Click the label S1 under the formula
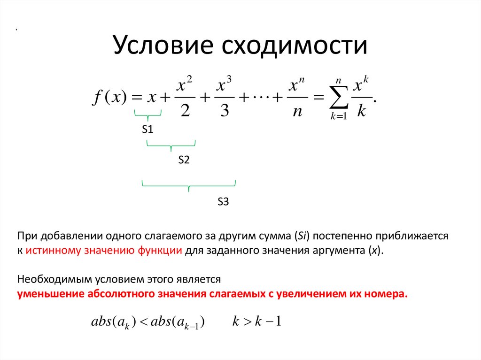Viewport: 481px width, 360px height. click(148, 130)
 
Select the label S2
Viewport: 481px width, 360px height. click(183, 160)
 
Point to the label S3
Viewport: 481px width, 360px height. click(223, 202)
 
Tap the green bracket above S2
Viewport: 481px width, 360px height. click(171, 145)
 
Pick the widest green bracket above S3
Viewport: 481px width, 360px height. click(189, 186)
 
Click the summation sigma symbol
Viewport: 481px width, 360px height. click(338, 97)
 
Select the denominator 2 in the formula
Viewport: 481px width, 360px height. click(184, 110)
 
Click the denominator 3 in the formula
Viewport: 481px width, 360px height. click(224, 110)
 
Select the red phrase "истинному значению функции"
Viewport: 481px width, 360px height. click(104, 250)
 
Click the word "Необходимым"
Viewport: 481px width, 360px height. click(48, 279)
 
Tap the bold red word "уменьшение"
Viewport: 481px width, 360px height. click(51, 294)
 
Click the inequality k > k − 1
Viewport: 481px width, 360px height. click(256, 322)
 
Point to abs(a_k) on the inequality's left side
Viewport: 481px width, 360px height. click(113, 322)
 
